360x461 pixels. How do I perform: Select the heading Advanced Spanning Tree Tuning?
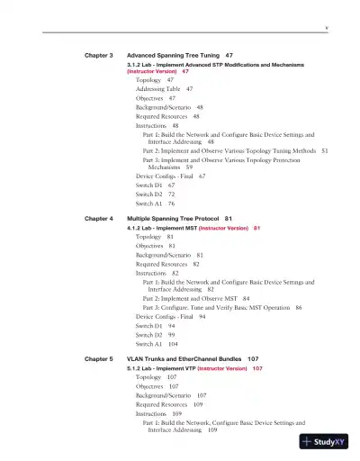[175, 55]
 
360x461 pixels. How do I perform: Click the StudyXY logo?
[324, 442]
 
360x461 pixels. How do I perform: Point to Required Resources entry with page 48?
[161, 116]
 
